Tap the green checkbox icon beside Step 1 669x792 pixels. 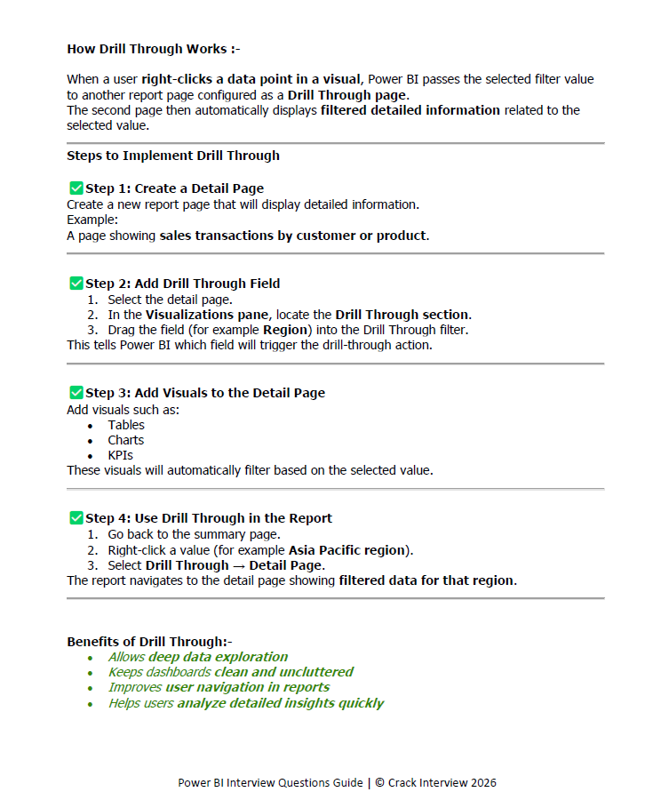[76, 188]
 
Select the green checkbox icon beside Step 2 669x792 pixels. [76, 284]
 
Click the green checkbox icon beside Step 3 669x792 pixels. [76, 392]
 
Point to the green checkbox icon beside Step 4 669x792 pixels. [76, 517]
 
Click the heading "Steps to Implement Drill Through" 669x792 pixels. [173, 156]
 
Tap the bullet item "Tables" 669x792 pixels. [126, 425]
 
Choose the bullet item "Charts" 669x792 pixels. [126, 440]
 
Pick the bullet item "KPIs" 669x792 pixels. [121, 455]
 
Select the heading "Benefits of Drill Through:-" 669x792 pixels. [149, 642]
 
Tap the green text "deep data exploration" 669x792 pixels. [218, 657]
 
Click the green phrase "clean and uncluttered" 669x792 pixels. [283, 672]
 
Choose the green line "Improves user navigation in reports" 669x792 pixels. [219, 687]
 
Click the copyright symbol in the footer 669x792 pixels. [379, 783]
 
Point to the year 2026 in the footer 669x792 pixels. [480, 783]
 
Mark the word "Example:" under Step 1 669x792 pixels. [92, 220]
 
